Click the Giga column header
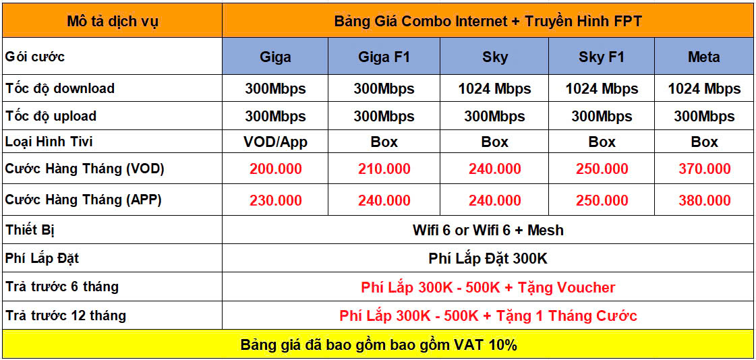[x=275, y=57]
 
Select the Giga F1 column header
[x=384, y=57]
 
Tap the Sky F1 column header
[x=602, y=57]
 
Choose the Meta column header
[x=704, y=57]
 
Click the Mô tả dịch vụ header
[x=112, y=22]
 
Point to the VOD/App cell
[x=275, y=142]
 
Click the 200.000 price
[x=275, y=169]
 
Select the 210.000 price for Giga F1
[x=384, y=169]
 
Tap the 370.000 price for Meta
[x=704, y=169]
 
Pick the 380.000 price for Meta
[x=704, y=200]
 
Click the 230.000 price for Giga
[x=275, y=200]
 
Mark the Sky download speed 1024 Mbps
[x=495, y=89]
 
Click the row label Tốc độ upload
[x=51, y=116]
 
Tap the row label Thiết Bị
[x=30, y=230]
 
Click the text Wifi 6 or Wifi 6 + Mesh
[x=488, y=230]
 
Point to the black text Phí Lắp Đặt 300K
[x=488, y=258]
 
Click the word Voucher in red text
[x=586, y=287]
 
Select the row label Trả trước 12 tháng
[x=65, y=316]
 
